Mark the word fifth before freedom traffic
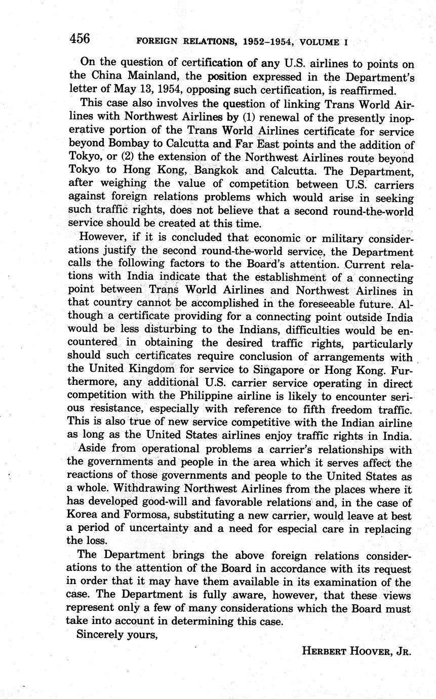(306, 409)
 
